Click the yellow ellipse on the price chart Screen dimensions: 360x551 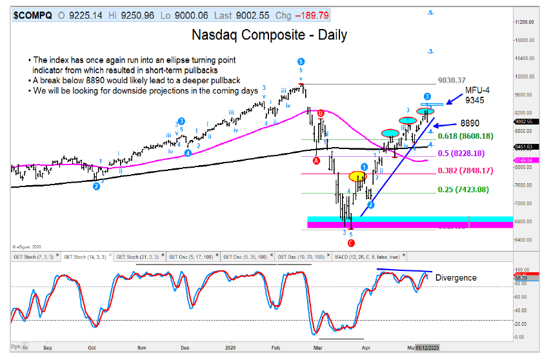[357, 175]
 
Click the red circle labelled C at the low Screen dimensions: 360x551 [352, 243]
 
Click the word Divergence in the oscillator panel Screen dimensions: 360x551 [456, 277]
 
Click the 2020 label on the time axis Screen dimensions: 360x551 [231, 346]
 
